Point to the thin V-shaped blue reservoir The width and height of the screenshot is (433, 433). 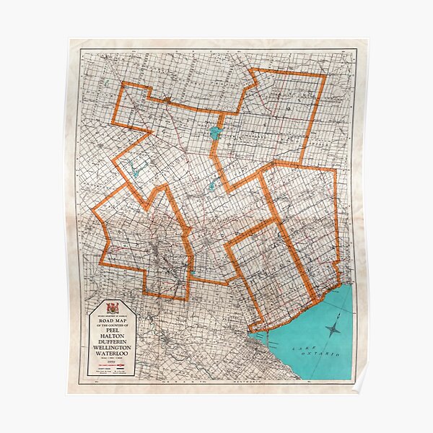pos(137,172)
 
